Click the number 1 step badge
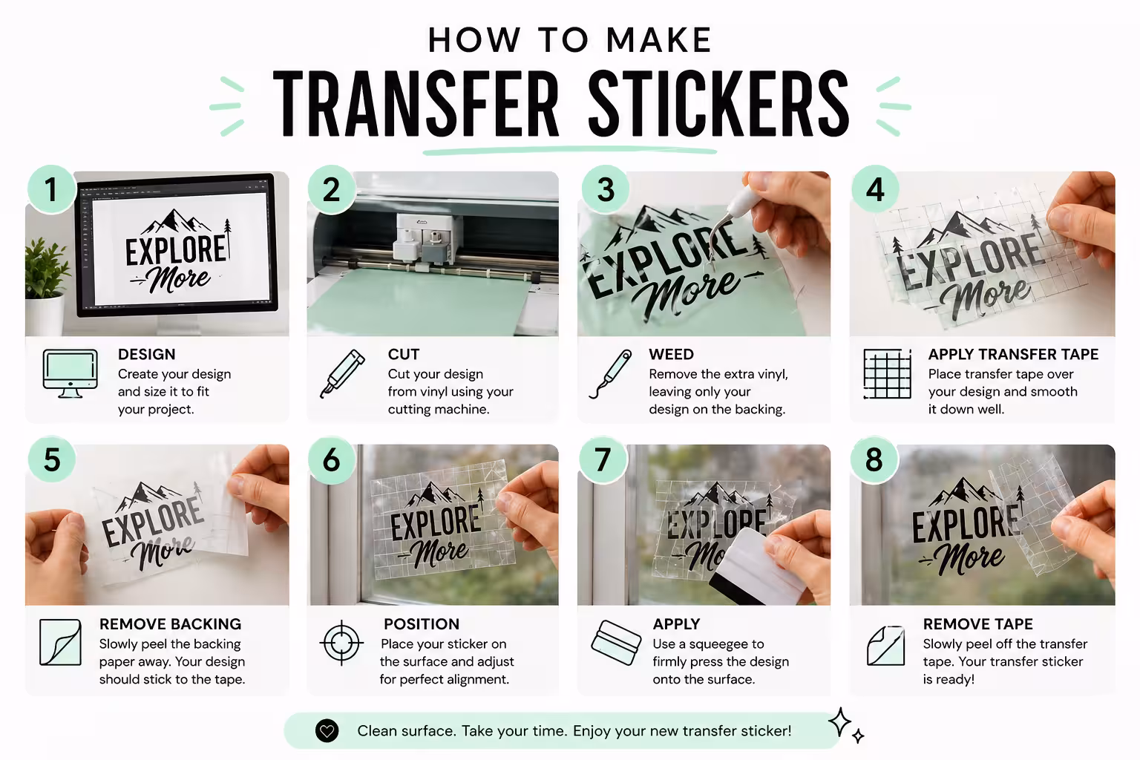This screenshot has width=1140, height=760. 50,189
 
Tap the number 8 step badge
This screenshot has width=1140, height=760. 874,459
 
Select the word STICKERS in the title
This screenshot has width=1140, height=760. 718,105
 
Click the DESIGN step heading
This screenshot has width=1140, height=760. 146,354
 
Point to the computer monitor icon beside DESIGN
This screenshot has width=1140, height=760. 71,373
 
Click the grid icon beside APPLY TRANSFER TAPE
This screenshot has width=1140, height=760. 887,373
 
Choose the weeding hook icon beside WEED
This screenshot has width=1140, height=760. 610,373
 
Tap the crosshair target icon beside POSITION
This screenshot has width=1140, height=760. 341,643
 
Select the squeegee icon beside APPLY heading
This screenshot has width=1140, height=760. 616,643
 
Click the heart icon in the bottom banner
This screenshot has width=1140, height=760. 327,731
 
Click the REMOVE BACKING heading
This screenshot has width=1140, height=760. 170,624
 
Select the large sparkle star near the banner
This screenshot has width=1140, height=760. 840,721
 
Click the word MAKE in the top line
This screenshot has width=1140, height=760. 658,40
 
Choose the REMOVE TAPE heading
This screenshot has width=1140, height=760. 977,624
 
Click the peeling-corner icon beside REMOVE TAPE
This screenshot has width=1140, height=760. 886,646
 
